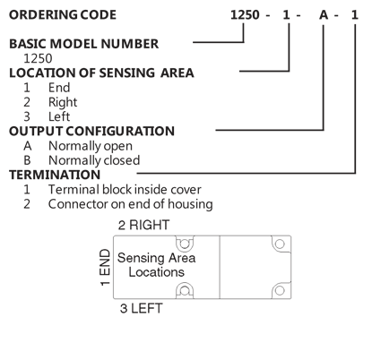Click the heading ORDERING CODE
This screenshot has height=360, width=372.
pos(63,15)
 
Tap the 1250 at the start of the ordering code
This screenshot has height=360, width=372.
pos(245,15)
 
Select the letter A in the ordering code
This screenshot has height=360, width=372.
pos(324,15)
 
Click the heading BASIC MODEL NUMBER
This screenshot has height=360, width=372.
pos(84,44)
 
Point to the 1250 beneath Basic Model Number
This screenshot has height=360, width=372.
pos(38,58)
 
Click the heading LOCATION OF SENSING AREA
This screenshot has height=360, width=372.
pos(101,73)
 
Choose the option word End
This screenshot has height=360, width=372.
pos(59,88)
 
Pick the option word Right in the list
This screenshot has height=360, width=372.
pos(63,102)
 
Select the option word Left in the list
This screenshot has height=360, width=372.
pos(59,116)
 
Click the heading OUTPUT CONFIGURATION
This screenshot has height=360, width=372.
pos(91,132)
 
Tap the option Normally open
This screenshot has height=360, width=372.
pos(91,146)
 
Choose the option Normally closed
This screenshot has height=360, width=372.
pos(94,160)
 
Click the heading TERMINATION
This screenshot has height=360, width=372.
pos(55,175)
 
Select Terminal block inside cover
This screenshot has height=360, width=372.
pos(125,190)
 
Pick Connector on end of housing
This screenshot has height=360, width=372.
pos(131,204)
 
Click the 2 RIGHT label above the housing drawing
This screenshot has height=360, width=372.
pos(143,225)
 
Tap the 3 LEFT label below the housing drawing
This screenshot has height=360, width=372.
pos(141,308)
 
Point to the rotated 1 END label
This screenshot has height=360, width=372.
pos(105,268)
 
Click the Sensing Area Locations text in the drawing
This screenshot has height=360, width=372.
pos(156,265)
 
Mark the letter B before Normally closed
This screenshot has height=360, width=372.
pos(27,160)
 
